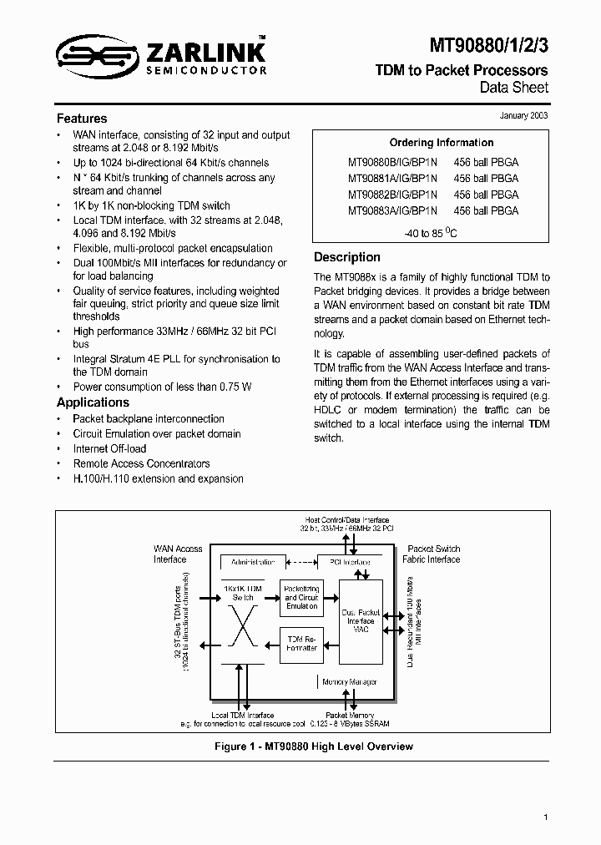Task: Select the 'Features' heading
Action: pyautogui.click(x=82, y=119)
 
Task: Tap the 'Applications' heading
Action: pyautogui.click(x=93, y=402)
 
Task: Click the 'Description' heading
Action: pyautogui.click(x=346, y=257)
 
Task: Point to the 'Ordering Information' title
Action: pyautogui.click(x=442, y=143)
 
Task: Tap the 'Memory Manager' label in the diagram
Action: pyautogui.click(x=349, y=682)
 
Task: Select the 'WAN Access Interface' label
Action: pyautogui.click(x=177, y=554)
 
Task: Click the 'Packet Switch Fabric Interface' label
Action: pyautogui.click(x=431, y=554)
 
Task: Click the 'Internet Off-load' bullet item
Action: pyautogui.click(x=109, y=448)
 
